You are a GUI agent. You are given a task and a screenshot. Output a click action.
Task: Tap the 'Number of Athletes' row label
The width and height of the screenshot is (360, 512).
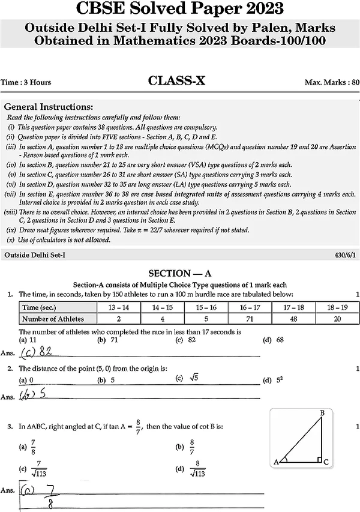[x=53, y=319]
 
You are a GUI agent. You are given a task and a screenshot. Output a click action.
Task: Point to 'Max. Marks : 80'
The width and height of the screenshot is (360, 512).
[x=328, y=82]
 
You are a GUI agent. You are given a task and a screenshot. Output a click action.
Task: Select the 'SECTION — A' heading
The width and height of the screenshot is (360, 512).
[x=180, y=273]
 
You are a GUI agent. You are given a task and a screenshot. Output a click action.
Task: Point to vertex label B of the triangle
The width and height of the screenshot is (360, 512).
[x=322, y=413]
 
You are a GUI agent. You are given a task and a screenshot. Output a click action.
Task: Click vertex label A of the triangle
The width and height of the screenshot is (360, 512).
[x=276, y=462]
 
